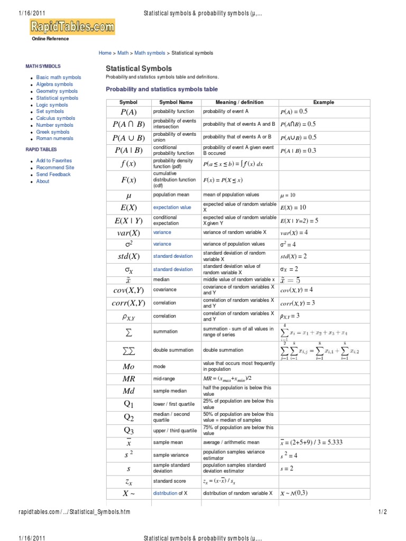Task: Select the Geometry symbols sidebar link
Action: tap(57, 91)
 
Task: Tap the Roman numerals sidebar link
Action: tap(54, 139)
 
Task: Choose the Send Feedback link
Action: tap(53, 174)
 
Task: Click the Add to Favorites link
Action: tap(54, 161)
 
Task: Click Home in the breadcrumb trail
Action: tap(105, 53)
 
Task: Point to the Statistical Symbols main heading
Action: tap(139, 69)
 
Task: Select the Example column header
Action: tap(324, 102)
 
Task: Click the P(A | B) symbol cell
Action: tap(128, 151)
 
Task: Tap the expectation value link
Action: tap(172, 208)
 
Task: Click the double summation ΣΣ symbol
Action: tap(128, 350)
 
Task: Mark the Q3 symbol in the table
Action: tap(128, 430)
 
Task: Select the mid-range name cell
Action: tap(165, 379)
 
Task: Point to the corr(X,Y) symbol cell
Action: tap(128, 303)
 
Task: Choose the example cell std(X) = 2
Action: tap(293, 257)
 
